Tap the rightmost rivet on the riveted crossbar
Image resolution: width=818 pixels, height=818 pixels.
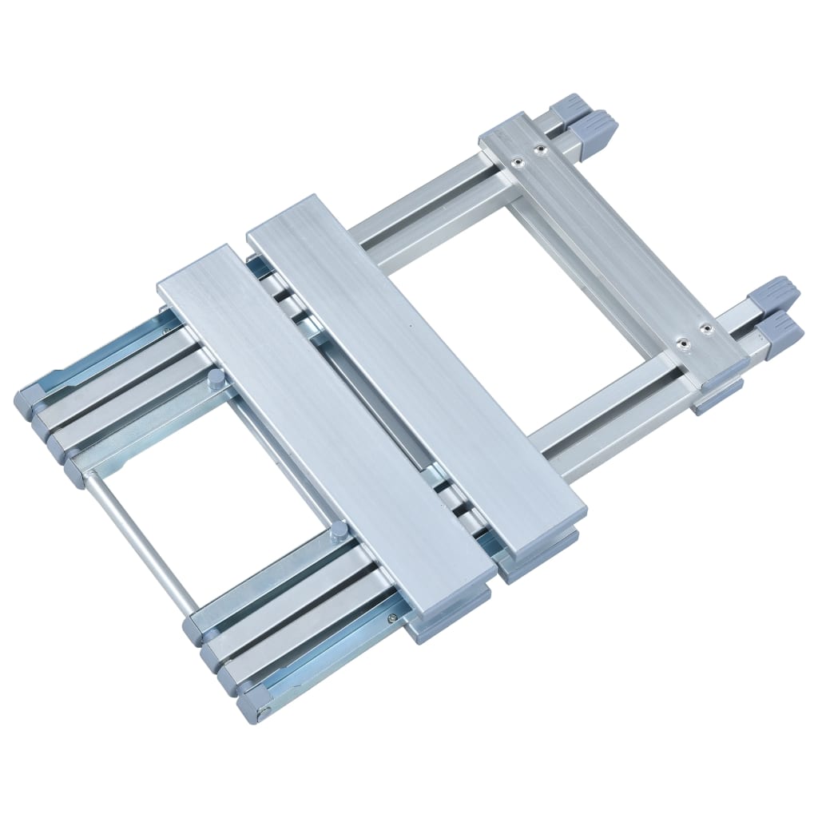(x=705, y=328)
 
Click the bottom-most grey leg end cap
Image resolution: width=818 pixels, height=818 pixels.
(x=254, y=703)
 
